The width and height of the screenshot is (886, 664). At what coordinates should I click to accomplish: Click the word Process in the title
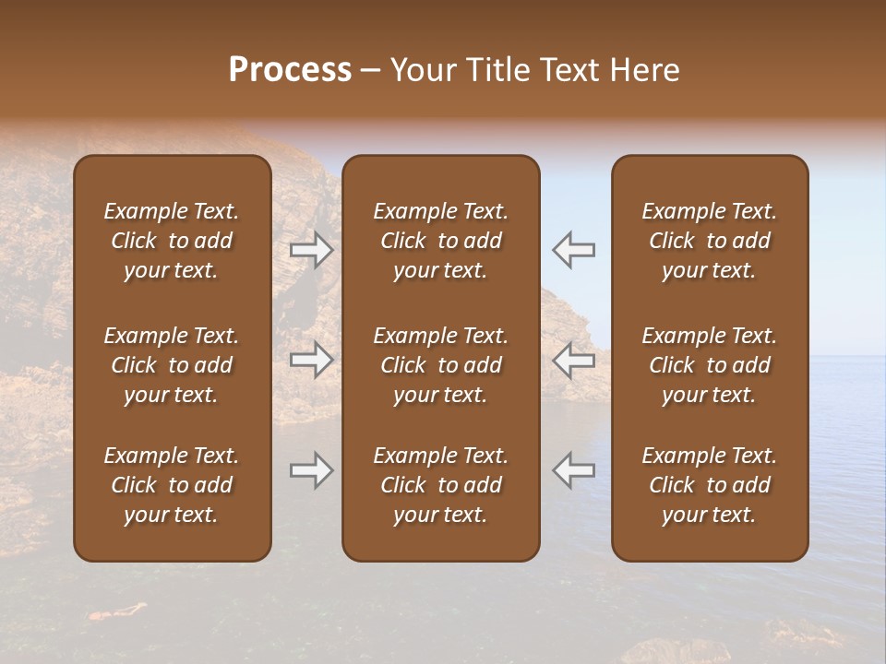290,70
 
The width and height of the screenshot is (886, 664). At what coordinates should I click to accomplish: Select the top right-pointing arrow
311,250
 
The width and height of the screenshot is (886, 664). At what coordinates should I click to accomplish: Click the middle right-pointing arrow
311,361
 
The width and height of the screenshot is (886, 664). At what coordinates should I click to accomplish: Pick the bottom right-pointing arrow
311,470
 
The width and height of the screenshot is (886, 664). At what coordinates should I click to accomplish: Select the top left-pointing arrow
573,250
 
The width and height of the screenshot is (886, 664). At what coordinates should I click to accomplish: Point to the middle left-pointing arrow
573,361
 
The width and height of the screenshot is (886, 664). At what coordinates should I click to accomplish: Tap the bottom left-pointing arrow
573,470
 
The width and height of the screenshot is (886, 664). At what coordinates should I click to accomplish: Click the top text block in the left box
172,241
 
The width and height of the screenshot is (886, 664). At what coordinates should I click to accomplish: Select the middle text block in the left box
172,365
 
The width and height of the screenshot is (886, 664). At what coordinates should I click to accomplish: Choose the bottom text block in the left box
172,485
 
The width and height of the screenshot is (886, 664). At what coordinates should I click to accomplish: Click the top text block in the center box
440,241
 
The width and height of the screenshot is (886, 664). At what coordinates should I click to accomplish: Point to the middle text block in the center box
440,365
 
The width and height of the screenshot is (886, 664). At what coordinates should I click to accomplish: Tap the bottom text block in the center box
440,485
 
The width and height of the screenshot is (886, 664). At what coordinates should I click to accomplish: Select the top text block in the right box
709,241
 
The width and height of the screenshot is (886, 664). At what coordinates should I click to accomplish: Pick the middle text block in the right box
709,365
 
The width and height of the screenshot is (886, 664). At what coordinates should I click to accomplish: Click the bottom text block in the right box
709,485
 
